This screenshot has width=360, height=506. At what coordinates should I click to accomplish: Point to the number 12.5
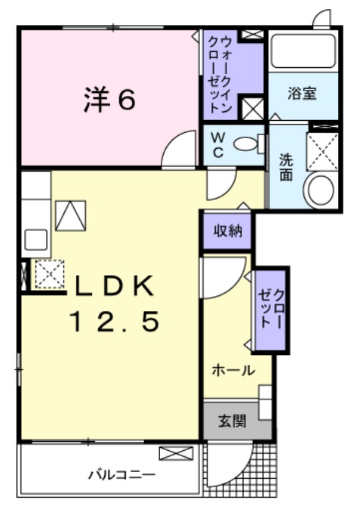[x=115, y=322]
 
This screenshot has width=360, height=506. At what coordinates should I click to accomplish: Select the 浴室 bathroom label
[x=301, y=94]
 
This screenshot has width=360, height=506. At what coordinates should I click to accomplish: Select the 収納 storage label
[x=226, y=231]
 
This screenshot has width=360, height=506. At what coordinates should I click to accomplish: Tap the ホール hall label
[x=232, y=371]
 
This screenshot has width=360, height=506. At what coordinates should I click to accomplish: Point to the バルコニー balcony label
[x=122, y=475]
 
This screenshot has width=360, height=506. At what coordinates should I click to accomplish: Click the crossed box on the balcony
[x=176, y=454]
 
